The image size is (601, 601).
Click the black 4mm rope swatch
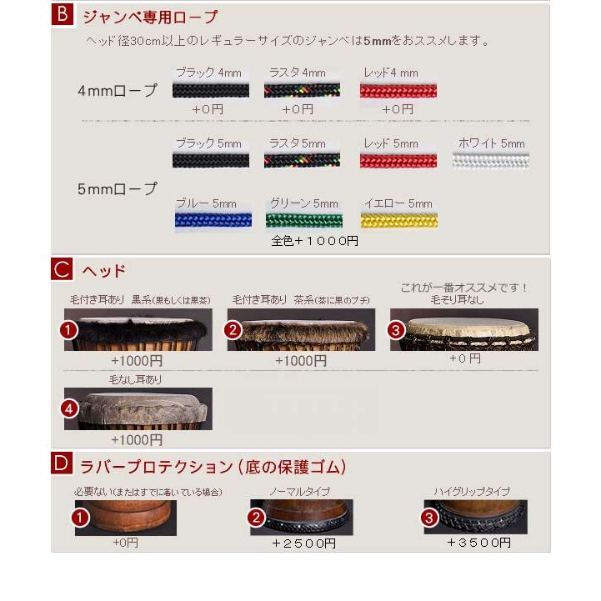(211, 90)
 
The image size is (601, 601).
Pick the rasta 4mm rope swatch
(302, 90)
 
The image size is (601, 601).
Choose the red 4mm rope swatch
(399, 90)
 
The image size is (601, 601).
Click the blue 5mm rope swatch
(211, 220)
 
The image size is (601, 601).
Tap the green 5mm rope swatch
(304, 220)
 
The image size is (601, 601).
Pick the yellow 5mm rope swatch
(399, 220)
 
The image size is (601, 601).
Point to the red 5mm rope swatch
(399, 160)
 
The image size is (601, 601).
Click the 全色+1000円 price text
(315, 241)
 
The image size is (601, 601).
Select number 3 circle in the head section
(397, 329)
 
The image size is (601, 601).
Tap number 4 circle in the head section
(71, 409)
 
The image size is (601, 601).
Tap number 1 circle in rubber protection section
(81, 518)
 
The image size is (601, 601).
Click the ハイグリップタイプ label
(471, 492)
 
